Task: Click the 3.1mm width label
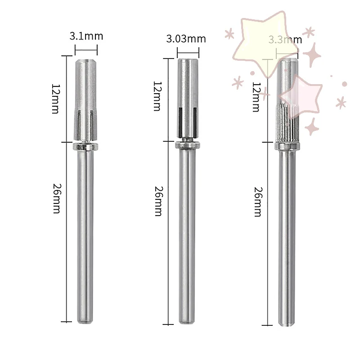point(85,36)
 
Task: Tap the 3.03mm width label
point(186,39)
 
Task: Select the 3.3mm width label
point(285,40)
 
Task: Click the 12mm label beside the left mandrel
point(55,98)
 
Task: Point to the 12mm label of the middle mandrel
point(157,96)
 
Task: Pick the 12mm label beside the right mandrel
point(256,97)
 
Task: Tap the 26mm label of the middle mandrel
point(157,201)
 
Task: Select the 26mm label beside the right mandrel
point(257,202)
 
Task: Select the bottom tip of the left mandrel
point(85,321)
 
